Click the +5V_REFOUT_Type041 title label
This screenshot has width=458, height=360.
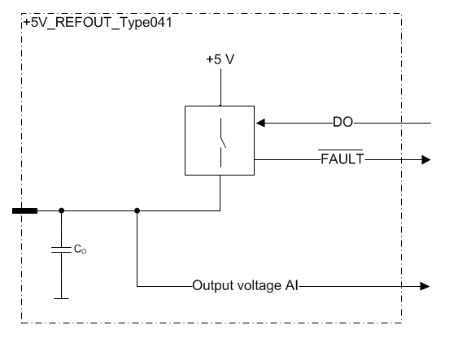(x=98, y=23)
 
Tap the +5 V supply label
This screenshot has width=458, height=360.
(x=220, y=59)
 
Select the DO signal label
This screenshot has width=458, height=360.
(x=343, y=122)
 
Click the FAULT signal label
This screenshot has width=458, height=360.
(x=342, y=159)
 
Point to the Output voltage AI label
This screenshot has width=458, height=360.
(x=246, y=285)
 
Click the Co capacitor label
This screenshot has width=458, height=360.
(x=80, y=249)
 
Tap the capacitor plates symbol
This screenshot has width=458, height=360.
(x=61, y=249)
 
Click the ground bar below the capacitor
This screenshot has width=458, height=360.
(x=61, y=298)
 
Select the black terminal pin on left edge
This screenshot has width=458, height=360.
(x=25, y=210)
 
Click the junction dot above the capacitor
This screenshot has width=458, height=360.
(x=61, y=210)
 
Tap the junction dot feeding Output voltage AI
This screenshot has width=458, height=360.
(x=137, y=210)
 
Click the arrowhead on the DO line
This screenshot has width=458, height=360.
(x=260, y=123)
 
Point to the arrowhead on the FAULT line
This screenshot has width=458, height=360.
(x=426, y=160)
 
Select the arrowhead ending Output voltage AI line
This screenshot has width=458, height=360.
(x=425, y=286)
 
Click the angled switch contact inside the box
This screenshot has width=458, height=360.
(x=223, y=142)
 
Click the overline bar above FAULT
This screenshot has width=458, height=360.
(x=341, y=150)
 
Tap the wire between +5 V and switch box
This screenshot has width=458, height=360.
(x=220, y=87)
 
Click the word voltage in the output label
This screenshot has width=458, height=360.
(x=259, y=285)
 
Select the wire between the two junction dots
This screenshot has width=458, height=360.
(x=99, y=210)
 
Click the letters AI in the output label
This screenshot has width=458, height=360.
(x=291, y=285)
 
